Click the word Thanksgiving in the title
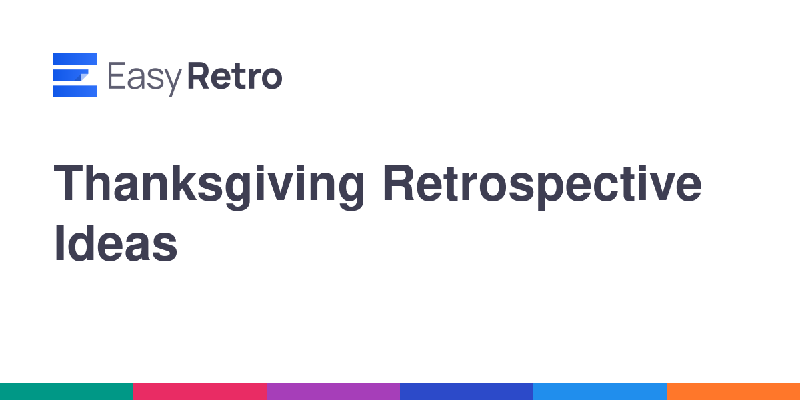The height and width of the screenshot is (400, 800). click(209, 187)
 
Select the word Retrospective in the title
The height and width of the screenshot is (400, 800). click(542, 187)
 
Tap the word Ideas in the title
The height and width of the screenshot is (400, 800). click(115, 243)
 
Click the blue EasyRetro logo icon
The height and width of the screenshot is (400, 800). click(75, 75)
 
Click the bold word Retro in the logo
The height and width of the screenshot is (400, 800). click(235, 76)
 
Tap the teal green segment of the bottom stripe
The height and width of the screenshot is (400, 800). click(67, 392)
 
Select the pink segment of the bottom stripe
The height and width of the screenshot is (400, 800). click(200, 392)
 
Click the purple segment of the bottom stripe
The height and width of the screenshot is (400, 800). click(333, 392)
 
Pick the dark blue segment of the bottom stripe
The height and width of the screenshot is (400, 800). click(467, 392)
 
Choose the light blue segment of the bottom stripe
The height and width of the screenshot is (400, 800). click(600, 392)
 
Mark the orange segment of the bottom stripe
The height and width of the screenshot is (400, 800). click(733, 392)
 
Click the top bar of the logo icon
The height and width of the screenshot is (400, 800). click(75, 59)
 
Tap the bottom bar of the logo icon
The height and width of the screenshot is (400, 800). click(75, 91)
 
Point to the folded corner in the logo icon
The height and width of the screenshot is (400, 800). click(83, 77)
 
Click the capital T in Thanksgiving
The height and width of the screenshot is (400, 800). click(68, 183)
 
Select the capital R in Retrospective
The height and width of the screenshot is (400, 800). click(398, 183)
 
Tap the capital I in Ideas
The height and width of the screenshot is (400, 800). click(59, 243)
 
